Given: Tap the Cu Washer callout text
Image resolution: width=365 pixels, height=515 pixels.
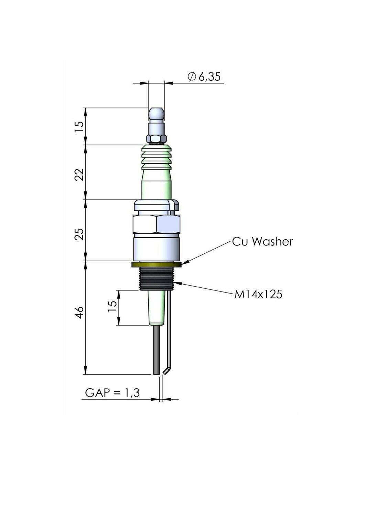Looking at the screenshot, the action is point(262,242).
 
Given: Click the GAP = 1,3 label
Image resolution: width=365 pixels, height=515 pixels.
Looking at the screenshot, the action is point(112,393).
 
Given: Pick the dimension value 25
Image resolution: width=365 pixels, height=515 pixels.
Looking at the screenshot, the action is point(80,234).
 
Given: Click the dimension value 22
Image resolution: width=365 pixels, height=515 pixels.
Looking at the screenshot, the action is point(80,175).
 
